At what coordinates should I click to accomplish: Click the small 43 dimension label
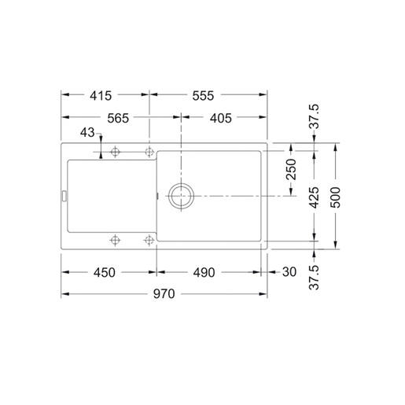[87, 134]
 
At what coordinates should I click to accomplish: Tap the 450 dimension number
[104, 273]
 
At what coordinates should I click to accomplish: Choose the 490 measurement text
[205, 273]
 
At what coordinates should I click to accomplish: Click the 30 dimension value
[289, 273]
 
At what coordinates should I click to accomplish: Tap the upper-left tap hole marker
[116, 150]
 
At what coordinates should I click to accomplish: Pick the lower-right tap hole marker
[149, 239]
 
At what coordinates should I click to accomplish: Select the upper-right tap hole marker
[149, 150]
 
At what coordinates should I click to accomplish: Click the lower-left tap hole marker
[116, 239]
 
